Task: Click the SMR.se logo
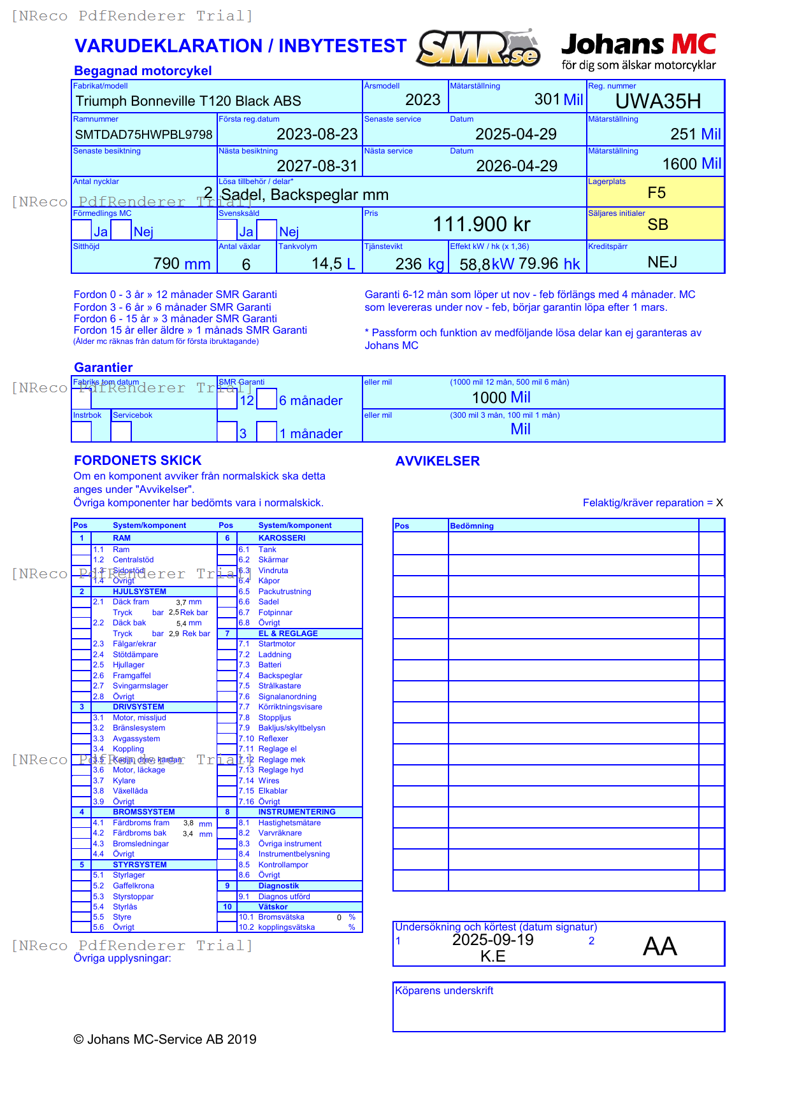pyautogui.click(x=479, y=48)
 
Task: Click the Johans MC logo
pyautogui.click(x=638, y=51)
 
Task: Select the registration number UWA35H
pyautogui.click(x=657, y=101)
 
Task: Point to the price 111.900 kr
pyautogui.click(x=482, y=224)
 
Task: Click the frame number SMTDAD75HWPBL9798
pyautogui.click(x=143, y=134)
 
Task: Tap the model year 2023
pyautogui.click(x=422, y=100)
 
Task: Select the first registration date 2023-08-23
pyautogui.click(x=317, y=134)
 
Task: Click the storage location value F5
pyautogui.click(x=656, y=193)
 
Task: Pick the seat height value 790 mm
pyautogui.click(x=182, y=264)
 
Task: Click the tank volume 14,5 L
pyautogui.click(x=333, y=264)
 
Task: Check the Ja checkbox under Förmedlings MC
pyautogui.click(x=82, y=230)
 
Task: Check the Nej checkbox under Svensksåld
pyautogui.click(x=267, y=230)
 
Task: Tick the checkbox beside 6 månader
pyautogui.click(x=267, y=399)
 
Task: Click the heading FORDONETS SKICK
pyautogui.click(x=138, y=460)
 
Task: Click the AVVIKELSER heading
pyautogui.click(x=437, y=461)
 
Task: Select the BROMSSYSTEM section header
pyautogui.click(x=143, y=812)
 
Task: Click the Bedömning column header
pyautogui.click(x=471, y=526)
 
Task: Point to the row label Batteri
pyautogui.click(x=269, y=665)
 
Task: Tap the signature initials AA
pyautogui.click(x=659, y=946)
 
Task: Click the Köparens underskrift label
pyautogui.click(x=444, y=991)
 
